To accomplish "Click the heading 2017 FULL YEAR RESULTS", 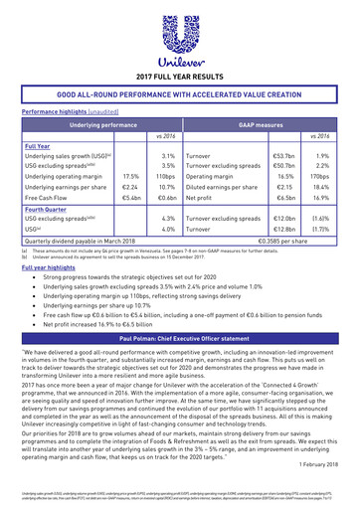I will pos(180,76).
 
